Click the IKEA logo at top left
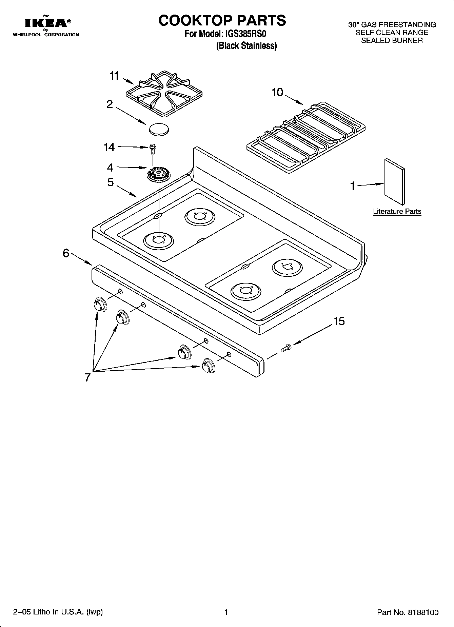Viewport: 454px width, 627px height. tap(46, 23)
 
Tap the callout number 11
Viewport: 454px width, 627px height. tap(114, 76)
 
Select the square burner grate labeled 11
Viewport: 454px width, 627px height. tap(163, 93)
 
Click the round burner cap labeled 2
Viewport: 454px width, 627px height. tap(158, 129)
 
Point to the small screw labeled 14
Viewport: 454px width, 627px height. tap(153, 148)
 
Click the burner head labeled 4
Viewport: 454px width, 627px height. tap(158, 175)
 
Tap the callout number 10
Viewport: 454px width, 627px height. tap(277, 92)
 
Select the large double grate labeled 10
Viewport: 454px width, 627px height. tap(306, 137)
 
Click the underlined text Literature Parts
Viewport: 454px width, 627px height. tap(397, 212)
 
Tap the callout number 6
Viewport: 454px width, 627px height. tap(66, 253)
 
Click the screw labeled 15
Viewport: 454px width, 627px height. tap(285, 348)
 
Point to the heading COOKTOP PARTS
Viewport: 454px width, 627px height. tap(222, 21)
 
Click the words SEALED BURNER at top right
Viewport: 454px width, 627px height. tap(392, 41)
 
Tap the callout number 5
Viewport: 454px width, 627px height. tap(111, 182)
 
